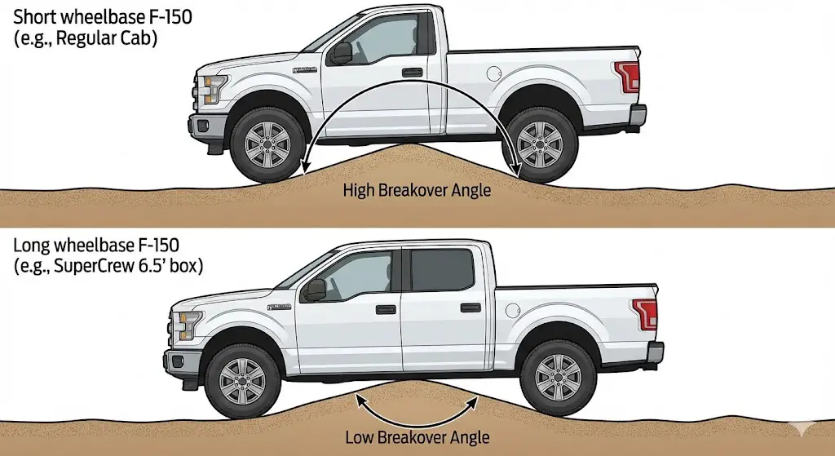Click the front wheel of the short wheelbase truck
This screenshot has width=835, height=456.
(267, 144)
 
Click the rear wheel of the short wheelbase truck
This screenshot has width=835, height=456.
(539, 144)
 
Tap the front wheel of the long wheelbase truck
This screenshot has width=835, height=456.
(242, 379)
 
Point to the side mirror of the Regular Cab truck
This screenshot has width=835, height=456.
(340, 53)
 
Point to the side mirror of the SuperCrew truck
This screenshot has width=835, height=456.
(315, 289)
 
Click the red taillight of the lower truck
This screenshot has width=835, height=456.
(646, 313)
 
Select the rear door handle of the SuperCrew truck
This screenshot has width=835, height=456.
(471, 308)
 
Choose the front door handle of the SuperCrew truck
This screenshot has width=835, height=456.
(386, 309)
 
